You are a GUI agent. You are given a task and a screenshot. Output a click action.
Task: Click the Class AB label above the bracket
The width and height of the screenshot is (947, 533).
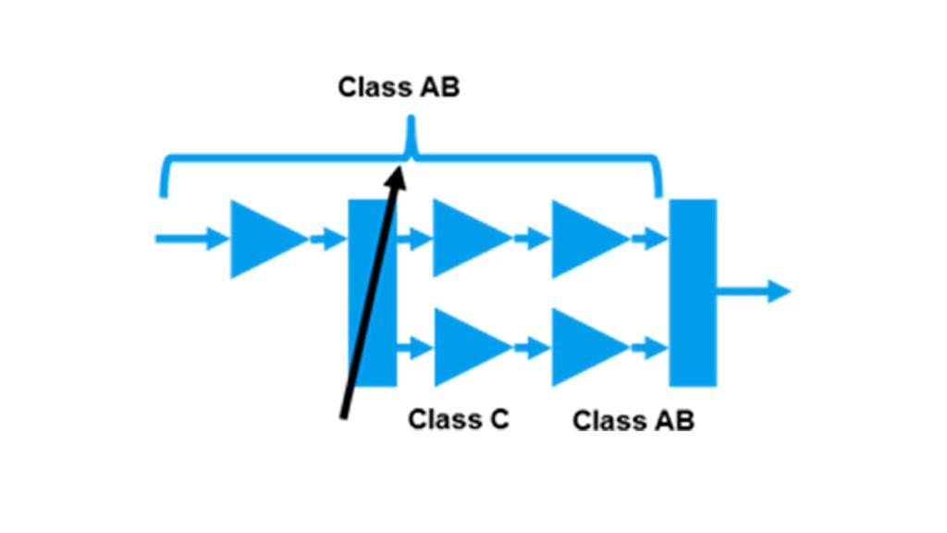(x=399, y=88)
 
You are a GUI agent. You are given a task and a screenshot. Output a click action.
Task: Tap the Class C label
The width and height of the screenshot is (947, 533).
(x=459, y=419)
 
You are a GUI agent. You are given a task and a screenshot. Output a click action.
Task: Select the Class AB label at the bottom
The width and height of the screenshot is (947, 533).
(x=633, y=421)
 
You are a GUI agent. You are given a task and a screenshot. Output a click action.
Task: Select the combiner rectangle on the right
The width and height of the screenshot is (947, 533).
(x=693, y=292)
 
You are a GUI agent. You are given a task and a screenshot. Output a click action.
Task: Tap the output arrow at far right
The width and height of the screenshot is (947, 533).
(x=754, y=291)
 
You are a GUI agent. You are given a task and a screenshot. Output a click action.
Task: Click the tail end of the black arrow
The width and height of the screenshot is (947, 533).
(x=345, y=416)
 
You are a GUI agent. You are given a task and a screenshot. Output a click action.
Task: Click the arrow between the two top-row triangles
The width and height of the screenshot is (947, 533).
(x=531, y=239)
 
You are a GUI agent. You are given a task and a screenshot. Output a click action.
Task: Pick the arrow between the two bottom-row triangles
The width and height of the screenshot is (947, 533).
(x=531, y=348)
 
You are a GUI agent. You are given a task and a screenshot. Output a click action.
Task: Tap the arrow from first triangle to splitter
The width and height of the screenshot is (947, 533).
(x=327, y=239)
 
